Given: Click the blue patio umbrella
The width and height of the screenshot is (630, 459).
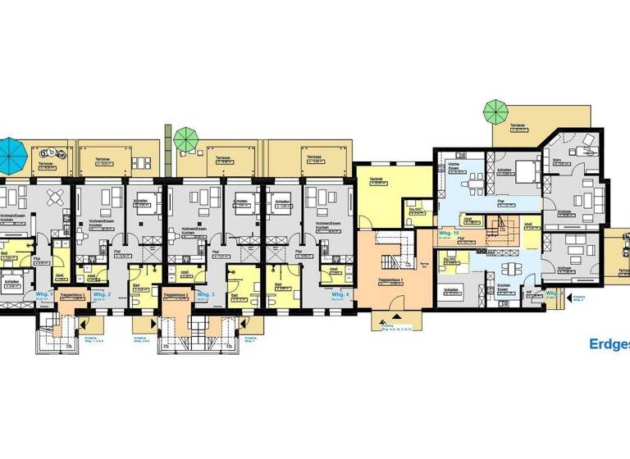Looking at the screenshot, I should click(10, 150).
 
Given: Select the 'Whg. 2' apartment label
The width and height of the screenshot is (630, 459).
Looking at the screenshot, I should click(102, 294).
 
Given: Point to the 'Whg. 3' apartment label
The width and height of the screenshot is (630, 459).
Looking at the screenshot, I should click(206, 294).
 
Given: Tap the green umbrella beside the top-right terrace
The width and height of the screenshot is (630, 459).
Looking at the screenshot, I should click(495, 109).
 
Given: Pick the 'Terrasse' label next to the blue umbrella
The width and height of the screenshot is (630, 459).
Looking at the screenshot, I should click(46, 165).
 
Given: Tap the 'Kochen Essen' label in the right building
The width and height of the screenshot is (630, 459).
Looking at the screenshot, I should click(504, 288).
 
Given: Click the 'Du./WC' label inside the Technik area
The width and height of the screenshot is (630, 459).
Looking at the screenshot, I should click(416, 209).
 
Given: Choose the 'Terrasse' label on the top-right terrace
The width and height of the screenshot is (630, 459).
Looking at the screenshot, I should click(517, 126).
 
